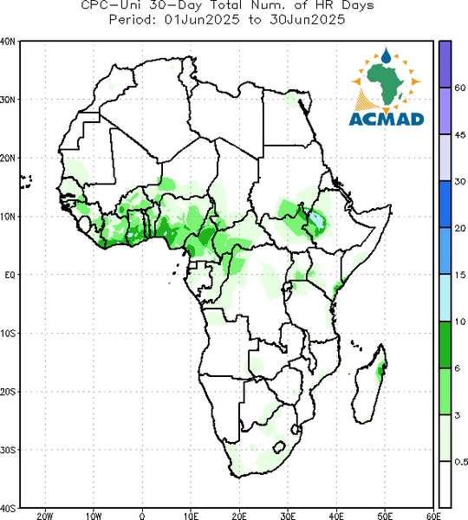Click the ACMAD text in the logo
387,120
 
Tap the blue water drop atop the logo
386,55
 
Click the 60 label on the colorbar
460,88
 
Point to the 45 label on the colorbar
460,134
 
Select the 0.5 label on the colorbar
461,462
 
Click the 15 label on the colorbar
460,275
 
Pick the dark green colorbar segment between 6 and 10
445,345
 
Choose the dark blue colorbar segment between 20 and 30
445,205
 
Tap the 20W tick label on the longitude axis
45,516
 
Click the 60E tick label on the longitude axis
433,516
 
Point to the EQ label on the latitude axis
10,275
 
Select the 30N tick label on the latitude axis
8,100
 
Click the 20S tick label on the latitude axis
8,392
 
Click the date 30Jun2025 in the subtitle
307,19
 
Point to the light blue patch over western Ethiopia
316,219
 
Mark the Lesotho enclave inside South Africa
279,446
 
